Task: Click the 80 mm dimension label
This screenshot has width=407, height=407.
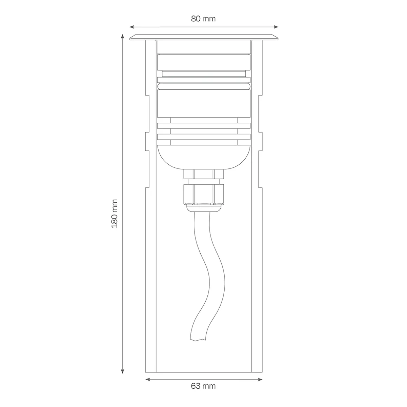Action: [203, 19]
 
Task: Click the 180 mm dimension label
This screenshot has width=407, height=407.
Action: [114, 214]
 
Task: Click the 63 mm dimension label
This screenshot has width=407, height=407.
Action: [203, 386]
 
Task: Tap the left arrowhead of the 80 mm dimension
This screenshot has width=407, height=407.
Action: [132, 27]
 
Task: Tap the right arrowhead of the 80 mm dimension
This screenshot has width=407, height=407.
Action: [276, 27]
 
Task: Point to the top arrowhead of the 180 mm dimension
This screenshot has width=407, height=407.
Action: [122, 36]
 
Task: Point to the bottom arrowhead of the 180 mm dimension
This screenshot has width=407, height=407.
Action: [122, 371]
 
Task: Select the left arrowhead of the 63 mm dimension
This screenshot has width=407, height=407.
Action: [147, 380]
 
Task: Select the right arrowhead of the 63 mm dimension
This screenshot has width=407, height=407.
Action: [260, 380]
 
